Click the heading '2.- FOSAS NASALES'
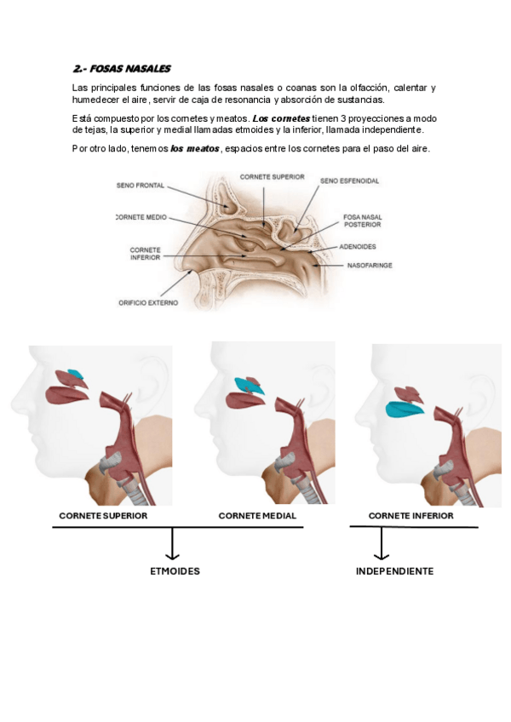[122, 68]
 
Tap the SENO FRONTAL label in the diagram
[141, 186]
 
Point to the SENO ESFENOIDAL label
[349, 180]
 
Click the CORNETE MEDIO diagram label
[141, 217]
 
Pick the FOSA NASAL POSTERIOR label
[362, 221]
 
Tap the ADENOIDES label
[359, 247]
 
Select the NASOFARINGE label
[369, 266]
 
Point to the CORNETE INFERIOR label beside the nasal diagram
[145, 254]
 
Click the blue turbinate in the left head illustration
[76, 375]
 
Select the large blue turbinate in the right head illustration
[404, 410]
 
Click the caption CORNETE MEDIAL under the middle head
[257, 516]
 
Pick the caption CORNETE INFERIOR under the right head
[411, 516]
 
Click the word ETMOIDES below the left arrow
[175, 571]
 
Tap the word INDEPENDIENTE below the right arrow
[394, 571]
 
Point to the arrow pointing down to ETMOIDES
[174, 545]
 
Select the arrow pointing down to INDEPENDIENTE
[381, 545]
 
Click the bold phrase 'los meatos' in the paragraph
[194, 149]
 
